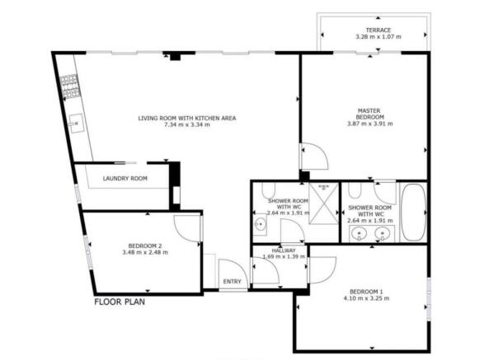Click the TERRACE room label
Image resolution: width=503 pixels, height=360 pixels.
[x=378, y=30]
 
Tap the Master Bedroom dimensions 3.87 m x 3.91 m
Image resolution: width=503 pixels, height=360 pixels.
[x=370, y=124]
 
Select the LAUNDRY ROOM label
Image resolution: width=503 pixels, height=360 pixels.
[x=125, y=178]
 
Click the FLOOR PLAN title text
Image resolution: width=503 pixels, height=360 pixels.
[x=120, y=302]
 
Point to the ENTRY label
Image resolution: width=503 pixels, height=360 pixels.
[x=232, y=282]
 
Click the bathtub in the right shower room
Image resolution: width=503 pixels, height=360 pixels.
[x=414, y=212]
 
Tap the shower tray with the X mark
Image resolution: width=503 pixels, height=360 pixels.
[x=324, y=203]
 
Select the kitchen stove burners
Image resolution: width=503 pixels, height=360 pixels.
[x=69, y=86]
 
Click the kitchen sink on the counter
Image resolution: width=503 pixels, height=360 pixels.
[x=77, y=123]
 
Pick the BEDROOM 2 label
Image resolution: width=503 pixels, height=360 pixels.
[x=145, y=245]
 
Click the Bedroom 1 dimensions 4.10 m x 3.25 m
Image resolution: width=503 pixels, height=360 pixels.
[x=366, y=298]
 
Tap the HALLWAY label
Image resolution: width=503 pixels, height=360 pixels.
[x=284, y=250]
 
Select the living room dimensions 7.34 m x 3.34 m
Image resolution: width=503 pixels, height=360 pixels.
[x=187, y=124]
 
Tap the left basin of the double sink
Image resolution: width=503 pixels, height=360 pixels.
[x=359, y=233]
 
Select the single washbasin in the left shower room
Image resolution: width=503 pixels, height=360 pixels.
[x=261, y=224]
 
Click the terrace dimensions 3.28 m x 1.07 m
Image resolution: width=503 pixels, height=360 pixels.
[x=378, y=36]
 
